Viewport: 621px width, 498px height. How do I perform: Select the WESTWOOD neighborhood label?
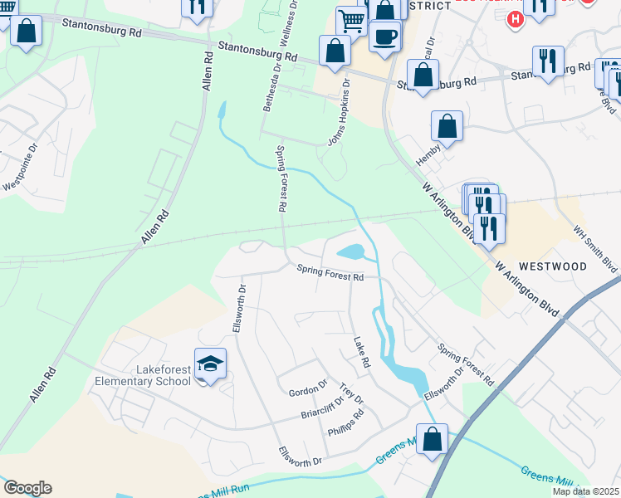[x=553, y=267]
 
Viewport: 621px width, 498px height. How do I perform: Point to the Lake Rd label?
[x=360, y=353]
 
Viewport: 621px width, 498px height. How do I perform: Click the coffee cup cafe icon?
[x=384, y=37]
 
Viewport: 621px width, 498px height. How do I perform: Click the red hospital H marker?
[x=515, y=18]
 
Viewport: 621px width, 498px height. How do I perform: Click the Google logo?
[x=27, y=488]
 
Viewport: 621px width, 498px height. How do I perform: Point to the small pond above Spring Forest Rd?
[x=350, y=251]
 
